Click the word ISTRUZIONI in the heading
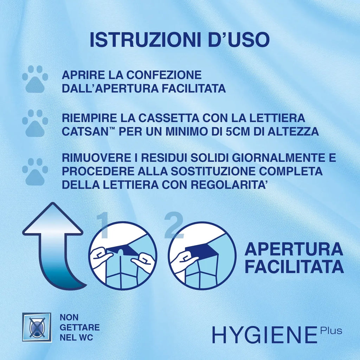[142, 40]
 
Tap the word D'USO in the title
[236, 40]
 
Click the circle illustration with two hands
[122, 256]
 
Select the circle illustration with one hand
[201, 256]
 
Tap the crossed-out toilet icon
[37, 327]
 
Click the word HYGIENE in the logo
[264, 335]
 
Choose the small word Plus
[331, 331]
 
